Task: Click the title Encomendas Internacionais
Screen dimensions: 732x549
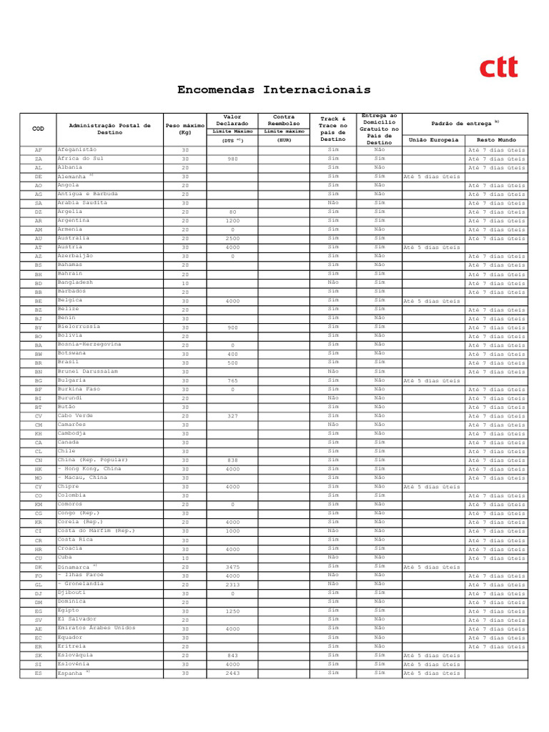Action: [274, 90]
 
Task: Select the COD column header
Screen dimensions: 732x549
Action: [38, 129]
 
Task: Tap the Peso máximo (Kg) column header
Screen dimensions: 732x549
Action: [185, 129]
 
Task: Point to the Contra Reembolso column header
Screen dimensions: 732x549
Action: [285, 120]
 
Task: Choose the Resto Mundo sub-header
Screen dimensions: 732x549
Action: [496, 140]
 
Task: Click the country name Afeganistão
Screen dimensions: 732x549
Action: [76, 149]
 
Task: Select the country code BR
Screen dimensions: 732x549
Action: [39, 363]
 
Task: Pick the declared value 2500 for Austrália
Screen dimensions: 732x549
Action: [232, 238]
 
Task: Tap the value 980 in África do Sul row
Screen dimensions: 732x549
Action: [232, 159]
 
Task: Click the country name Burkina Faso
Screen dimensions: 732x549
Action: [79, 390]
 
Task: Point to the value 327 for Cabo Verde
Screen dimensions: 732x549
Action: [232, 416]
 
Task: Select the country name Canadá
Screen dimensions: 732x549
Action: [70, 442]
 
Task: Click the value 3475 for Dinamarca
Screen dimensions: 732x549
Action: [232, 567]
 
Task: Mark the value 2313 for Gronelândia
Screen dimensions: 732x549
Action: [232, 585]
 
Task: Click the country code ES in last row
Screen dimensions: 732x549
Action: [39, 673]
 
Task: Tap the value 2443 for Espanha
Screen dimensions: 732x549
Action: [232, 673]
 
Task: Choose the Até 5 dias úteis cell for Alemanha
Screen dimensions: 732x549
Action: [432, 177]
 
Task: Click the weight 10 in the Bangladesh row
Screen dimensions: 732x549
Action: [185, 283]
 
